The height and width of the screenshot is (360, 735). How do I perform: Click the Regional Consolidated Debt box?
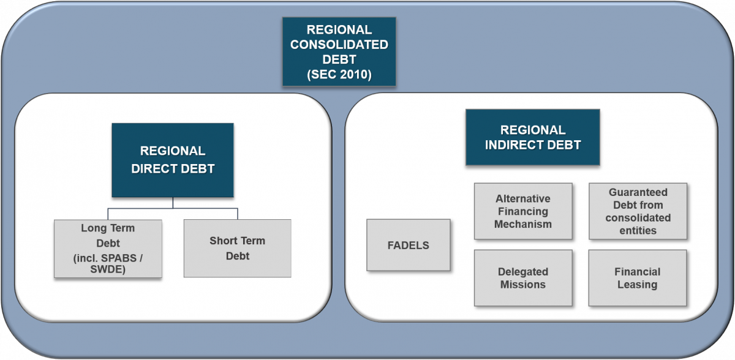tap(339, 51)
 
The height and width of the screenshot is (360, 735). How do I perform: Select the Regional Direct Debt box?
tap(173, 160)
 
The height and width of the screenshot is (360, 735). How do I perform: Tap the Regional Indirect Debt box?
tap(532, 137)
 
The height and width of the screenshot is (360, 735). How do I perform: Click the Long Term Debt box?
tap(108, 249)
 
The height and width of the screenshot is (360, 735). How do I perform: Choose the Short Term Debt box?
tap(237, 248)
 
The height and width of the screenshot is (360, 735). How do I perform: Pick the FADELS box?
tap(408, 245)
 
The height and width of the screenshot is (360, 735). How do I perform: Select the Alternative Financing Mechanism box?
tap(523, 211)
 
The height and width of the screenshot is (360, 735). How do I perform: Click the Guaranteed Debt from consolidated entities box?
tap(638, 211)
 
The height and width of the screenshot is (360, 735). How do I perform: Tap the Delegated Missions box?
tap(523, 278)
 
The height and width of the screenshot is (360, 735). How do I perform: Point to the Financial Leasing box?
tap(637, 278)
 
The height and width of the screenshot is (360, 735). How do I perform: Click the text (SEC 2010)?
tap(339, 75)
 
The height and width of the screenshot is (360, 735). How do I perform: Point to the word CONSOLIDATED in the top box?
tap(339, 45)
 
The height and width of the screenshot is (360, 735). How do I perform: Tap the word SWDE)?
tap(108, 269)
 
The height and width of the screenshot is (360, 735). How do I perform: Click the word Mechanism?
tap(523, 224)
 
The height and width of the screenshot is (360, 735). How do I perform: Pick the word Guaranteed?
tap(638, 192)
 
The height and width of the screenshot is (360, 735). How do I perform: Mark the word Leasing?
tap(637, 285)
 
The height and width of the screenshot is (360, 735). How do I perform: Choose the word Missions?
tap(523, 284)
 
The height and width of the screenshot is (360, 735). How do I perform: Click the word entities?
tap(638, 230)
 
